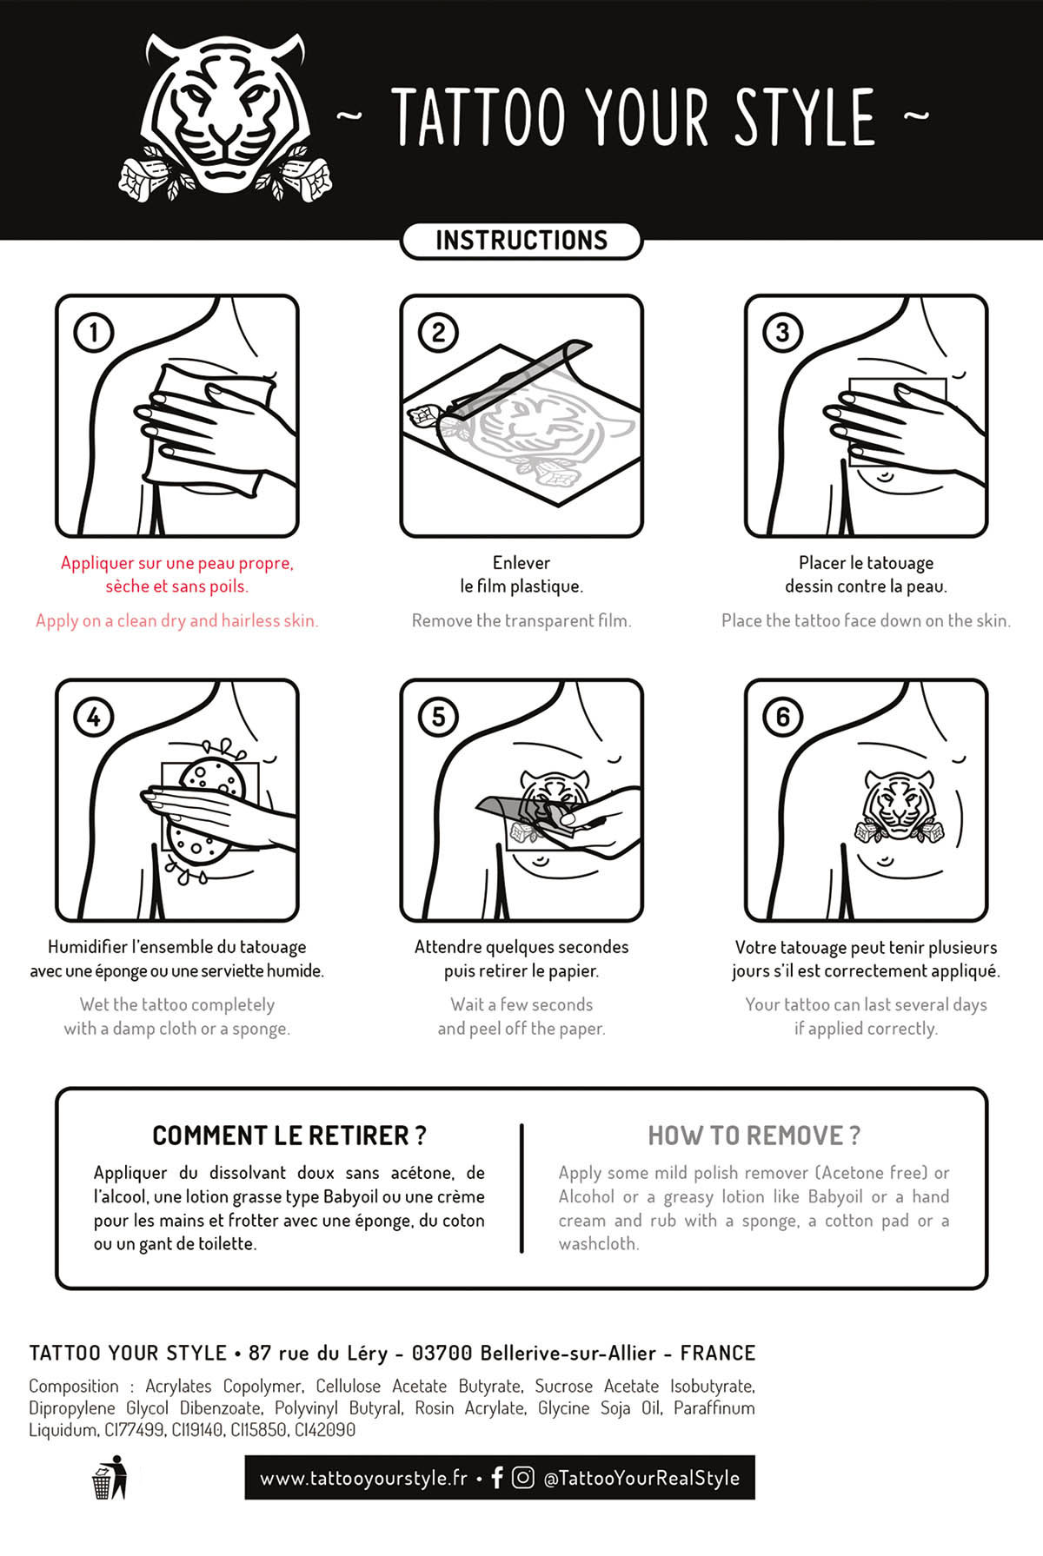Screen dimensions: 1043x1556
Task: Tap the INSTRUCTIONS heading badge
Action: pyautogui.click(x=521, y=241)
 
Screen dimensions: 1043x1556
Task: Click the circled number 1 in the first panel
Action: pyautogui.click(x=94, y=332)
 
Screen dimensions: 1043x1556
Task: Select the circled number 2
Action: pyautogui.click(x=438, y=332)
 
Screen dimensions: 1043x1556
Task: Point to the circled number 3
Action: pyautogui.click(x=782, y=332)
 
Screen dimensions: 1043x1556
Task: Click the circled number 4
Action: pyautogui.click(x=94, y=717)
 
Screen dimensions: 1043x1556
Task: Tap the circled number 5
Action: pyautogui.click(x=438, y=717)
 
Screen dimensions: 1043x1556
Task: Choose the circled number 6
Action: pyautogui.click(x=782, y=717)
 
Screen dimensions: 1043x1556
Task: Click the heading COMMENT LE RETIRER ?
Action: pyautogui.click(x=289, y=1136)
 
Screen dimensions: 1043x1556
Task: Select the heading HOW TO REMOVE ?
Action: pyautogui.click(x=754, y=1136)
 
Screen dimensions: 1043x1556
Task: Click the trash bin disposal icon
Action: pyautogui.click(x=110, y=1477)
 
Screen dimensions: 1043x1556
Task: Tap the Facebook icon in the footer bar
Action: pyautogui.click(x=497, y=1477)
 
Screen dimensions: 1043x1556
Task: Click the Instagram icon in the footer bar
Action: pyautogui.click(x=523, y=1477)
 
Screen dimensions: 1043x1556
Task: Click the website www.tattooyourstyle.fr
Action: pyautogui.click(x=363, y=1478)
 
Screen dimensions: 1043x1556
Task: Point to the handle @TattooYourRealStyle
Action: pyautogui.click(x=641, y=1478)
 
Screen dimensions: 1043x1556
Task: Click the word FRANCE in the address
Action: pyautogui.click(x=718, y=1353)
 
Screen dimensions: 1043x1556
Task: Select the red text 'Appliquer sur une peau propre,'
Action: pyautogui.click(x=177, y=563)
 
